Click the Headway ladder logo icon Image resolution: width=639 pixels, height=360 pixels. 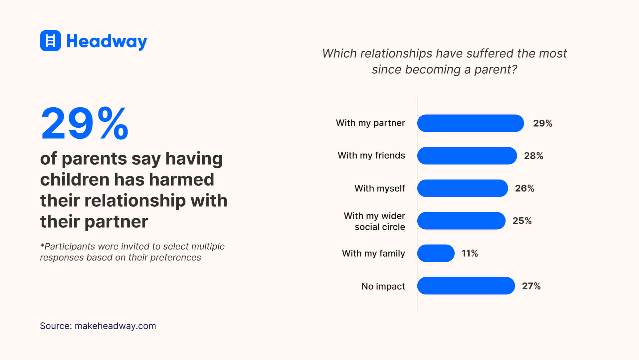coord(50,41)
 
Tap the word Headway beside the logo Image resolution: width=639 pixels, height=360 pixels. coord(106,41)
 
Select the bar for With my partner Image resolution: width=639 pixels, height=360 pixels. coord(470,123)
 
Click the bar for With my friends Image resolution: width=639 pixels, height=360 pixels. coord(467,156)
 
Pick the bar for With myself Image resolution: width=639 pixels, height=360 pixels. coord(462,188)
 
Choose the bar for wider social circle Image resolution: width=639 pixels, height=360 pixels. coord(461,221)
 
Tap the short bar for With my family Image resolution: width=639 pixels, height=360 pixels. coord(436,253)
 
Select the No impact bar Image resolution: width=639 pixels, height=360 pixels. coord(466,286)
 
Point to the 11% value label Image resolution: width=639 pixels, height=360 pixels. coord(470,253)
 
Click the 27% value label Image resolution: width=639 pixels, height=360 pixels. coord(531,286)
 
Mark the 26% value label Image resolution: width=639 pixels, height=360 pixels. coord(525,188)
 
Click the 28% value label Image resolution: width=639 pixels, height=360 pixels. coord(533,156)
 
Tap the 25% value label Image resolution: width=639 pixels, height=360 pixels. coord(522,221)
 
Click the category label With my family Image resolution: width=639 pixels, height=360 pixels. coord(373,253)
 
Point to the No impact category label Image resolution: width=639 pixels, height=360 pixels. coord(383,286)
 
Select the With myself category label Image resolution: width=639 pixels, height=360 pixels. coord(379,188)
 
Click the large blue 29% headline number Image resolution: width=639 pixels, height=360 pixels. coord(85,123)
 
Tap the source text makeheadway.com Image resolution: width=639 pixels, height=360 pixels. coord(115,326)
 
